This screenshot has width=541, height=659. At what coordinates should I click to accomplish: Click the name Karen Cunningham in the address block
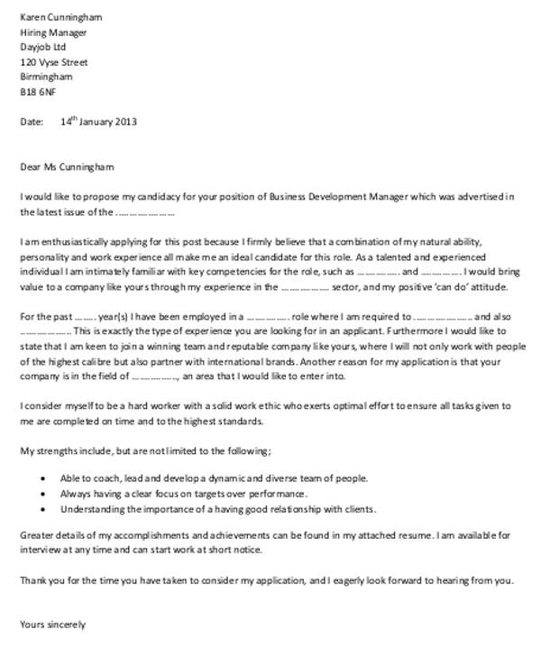pyautogui.click(x=60, y=17)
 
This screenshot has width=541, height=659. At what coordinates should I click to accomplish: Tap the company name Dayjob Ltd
pyautogui.click(x=43, y=47)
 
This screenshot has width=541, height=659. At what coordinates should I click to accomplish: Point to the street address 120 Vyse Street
pyautogui.click(x=54, y=62)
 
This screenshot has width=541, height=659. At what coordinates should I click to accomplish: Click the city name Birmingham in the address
pyautogui.click(x=46, y=77)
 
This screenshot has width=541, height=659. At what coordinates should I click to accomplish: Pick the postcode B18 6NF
pyautogui.click(x=38, y=92)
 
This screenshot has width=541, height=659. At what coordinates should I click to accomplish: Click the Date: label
pyautogui.click(x=32, y=121)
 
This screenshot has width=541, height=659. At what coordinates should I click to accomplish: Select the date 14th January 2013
pyautogui.click(x=99, y=121)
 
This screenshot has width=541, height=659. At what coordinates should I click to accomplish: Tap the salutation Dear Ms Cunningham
pyautogui.click(x=67, y=166)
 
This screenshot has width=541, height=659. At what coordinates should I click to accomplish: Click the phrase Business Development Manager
pyautogui.click(x=338, y=197)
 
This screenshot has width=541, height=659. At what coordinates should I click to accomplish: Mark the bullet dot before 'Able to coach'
pyautogui.click(x=45, y=478)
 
